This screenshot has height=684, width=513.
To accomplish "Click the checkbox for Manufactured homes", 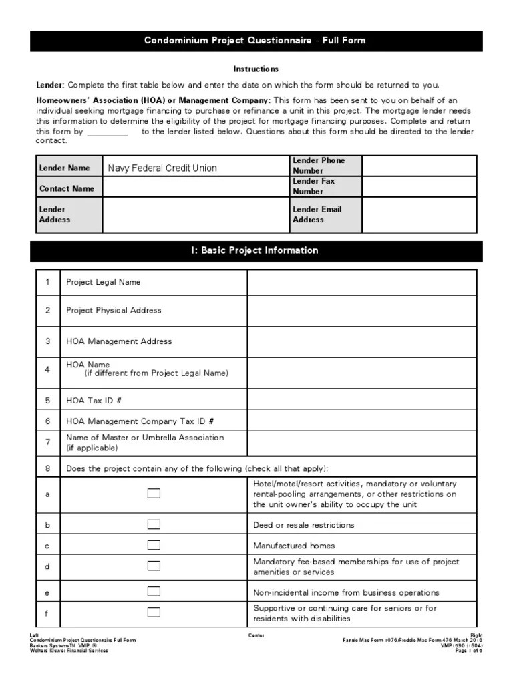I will coord(154,545).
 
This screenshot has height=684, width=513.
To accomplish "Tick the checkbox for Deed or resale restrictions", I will coord(154,524).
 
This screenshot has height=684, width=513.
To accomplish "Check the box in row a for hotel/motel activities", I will coord(154,494).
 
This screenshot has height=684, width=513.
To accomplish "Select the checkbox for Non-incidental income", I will coord(154,592).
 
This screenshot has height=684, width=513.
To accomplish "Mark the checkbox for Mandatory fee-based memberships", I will coord(154,566).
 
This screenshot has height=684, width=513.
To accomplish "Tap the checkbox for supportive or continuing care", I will coord(154,612).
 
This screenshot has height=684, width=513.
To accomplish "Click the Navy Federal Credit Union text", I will coord(162,168).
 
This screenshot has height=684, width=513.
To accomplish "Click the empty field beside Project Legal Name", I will coord(361,282).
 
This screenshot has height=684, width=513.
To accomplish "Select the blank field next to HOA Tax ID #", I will coord(361,401).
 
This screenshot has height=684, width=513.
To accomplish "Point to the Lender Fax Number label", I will coord(313,186).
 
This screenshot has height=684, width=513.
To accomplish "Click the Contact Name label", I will coord(67,188).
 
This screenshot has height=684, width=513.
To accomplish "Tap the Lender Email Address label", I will coord(317,214).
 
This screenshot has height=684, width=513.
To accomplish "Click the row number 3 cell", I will coord(48,341).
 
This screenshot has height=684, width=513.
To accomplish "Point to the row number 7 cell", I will coord(48,442).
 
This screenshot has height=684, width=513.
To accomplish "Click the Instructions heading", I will coord(256,69).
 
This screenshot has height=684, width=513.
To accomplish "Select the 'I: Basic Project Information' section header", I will coord(256,250).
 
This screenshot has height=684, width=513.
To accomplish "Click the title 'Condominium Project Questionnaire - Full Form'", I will coord(256,41).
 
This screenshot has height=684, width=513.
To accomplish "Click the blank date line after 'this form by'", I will coord(107,132).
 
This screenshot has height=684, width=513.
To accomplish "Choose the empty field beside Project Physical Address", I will coord(361,311).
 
